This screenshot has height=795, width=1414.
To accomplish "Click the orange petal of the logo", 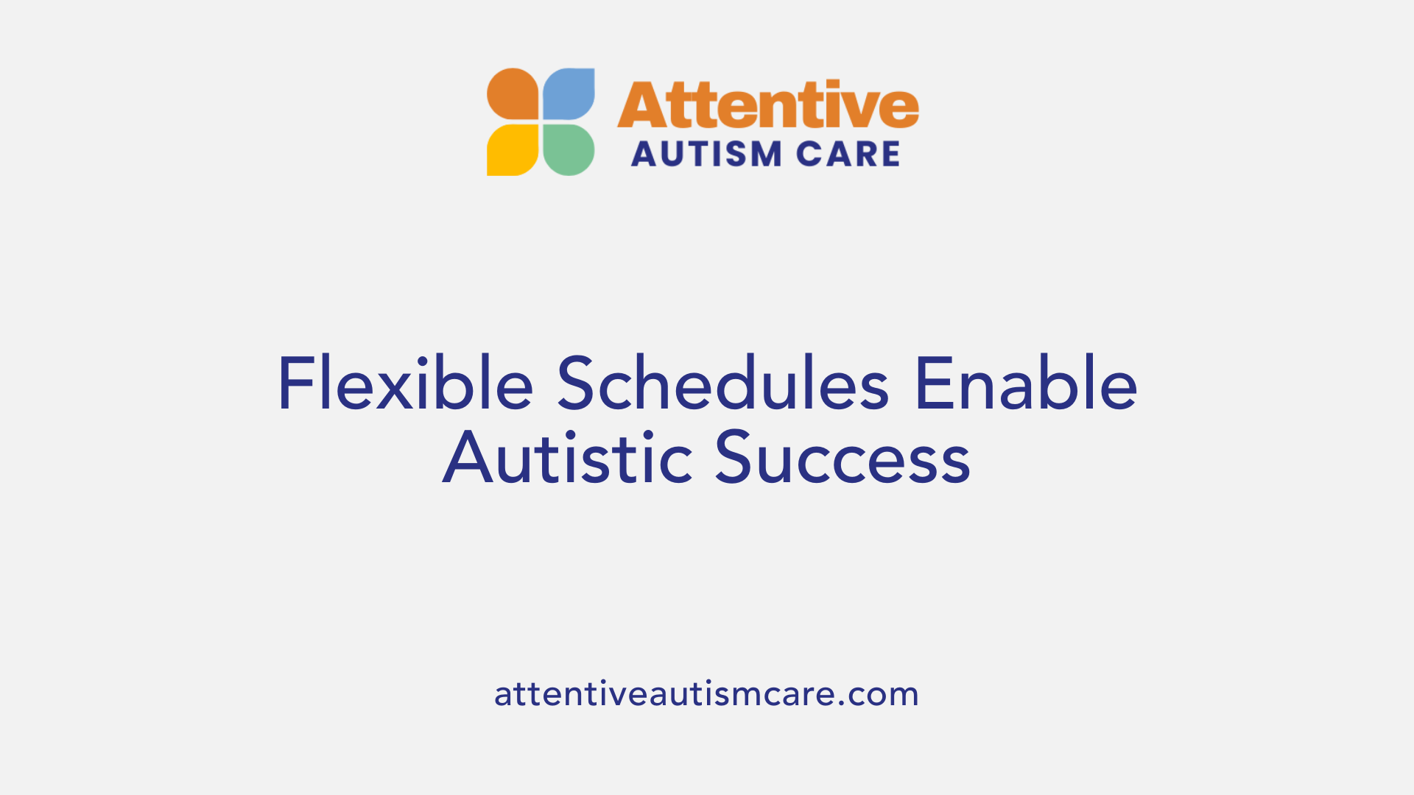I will coord(513,93).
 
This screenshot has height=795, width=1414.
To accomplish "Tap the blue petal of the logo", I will coord(569,93).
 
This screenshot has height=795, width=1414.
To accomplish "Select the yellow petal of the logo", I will coord(513,149).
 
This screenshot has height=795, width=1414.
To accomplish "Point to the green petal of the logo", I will coord(569,149).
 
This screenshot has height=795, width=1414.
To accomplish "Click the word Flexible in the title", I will coord(405,384).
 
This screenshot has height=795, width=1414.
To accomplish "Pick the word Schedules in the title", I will coord(722,384).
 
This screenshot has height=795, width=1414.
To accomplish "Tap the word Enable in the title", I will coord(1026,384).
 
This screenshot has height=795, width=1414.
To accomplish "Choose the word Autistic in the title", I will coord(567,458).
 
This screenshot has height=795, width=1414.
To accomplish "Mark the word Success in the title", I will coord(843,458).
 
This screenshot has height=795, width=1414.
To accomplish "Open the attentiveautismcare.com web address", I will coord(706,694).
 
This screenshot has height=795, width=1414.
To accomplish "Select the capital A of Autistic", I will coord(467,458).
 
